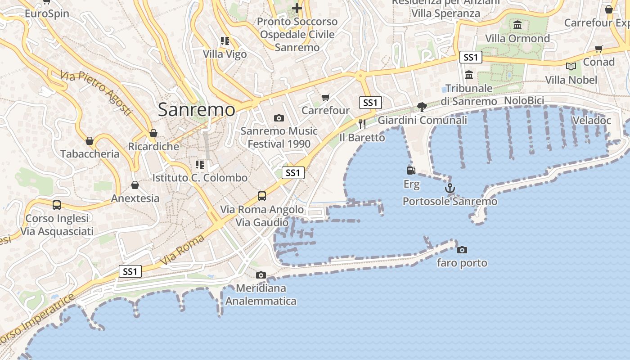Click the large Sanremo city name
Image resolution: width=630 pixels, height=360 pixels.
click(196, 110)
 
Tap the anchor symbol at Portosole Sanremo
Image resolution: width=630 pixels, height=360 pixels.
click(450, 188)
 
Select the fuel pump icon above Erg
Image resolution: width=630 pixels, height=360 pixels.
click(411, 170)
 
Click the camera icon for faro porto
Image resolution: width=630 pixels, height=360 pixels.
click(462, 250)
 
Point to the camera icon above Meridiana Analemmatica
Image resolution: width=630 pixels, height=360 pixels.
click(261, 275)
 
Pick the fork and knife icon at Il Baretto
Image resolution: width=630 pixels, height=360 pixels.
click(362, 124)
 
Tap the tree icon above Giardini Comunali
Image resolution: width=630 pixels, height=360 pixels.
click(422, 107)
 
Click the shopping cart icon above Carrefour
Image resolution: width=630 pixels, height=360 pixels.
click(326, 97)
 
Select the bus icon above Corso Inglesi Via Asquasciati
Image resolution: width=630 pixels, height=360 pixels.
click(57, 205)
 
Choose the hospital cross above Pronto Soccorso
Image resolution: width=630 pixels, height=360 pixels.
click(297, 8)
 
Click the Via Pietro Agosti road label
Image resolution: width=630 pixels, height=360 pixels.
click(97, 92)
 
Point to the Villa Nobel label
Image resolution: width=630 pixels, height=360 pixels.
click(571, 80)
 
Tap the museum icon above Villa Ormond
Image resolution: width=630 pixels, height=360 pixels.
click(517, 25)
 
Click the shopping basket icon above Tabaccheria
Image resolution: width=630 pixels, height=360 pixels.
click(90, 141)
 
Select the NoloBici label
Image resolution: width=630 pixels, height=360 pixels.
click(524, 101)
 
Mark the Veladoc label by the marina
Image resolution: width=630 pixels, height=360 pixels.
click(591, 120)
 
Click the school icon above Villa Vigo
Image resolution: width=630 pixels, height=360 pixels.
click(225, 41)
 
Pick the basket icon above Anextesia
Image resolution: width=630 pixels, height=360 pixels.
click(135, 185)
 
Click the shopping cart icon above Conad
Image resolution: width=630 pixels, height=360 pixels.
click(598, 49)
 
